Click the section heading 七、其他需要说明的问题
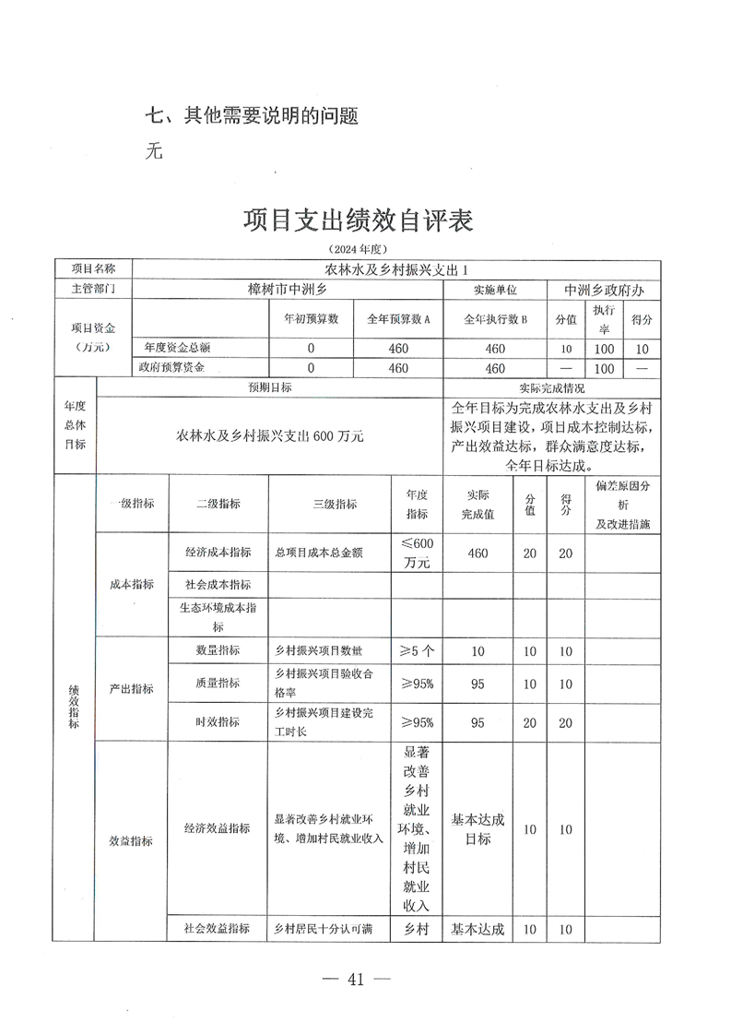252,116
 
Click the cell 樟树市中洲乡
288,289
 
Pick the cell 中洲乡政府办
604,289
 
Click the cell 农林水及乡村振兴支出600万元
269,435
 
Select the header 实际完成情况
552,388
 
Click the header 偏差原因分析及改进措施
622,504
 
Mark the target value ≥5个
417,651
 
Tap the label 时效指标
218,723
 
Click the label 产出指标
132,688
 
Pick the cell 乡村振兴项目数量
313,651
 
